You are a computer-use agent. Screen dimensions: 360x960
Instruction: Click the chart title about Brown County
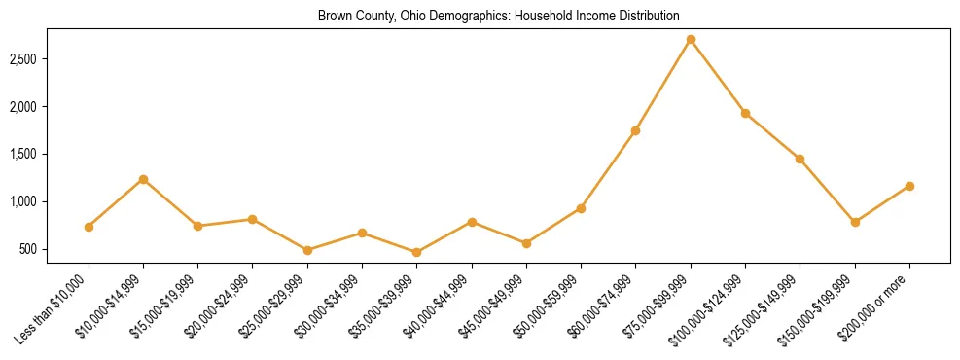498,16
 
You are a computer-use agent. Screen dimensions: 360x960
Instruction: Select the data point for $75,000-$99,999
691,40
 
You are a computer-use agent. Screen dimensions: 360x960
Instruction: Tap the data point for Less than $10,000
89,227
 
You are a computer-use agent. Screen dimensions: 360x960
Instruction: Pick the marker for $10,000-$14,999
143,179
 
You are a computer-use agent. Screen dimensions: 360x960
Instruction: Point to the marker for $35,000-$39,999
417,252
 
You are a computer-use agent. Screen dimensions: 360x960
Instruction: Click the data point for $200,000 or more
909,186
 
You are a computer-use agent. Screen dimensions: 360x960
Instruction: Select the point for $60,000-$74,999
636,130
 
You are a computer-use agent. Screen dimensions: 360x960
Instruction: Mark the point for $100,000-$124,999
745,113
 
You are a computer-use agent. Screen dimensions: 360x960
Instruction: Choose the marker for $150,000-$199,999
855,222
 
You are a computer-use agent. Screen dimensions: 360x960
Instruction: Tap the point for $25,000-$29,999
307,250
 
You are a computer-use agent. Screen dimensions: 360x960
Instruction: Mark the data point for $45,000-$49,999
526,243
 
